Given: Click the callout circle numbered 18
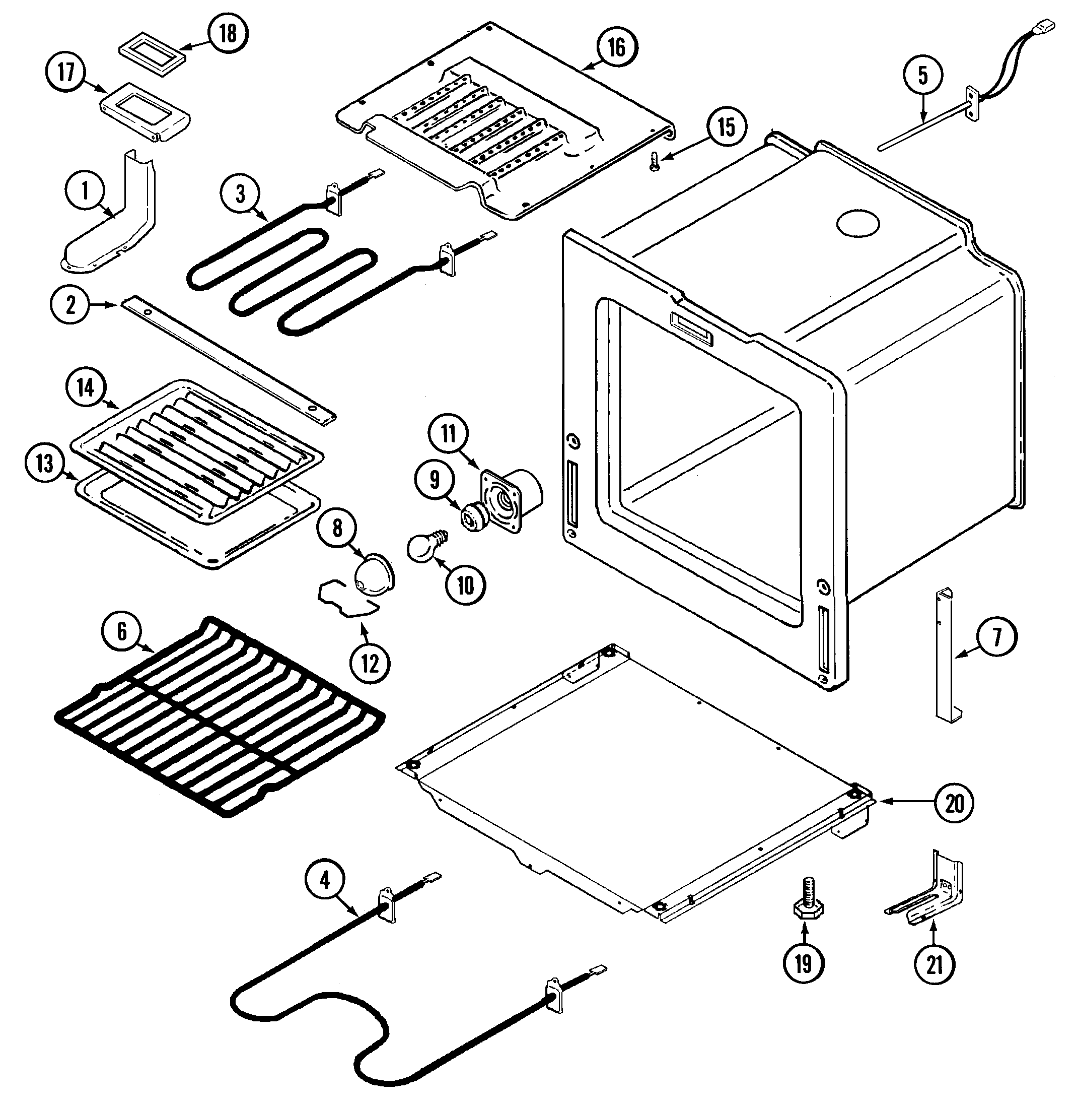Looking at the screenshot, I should point(228,33).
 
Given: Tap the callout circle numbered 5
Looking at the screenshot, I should point(923,75).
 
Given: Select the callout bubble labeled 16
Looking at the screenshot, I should point(616,47).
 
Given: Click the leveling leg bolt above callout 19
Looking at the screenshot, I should point(808,902).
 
